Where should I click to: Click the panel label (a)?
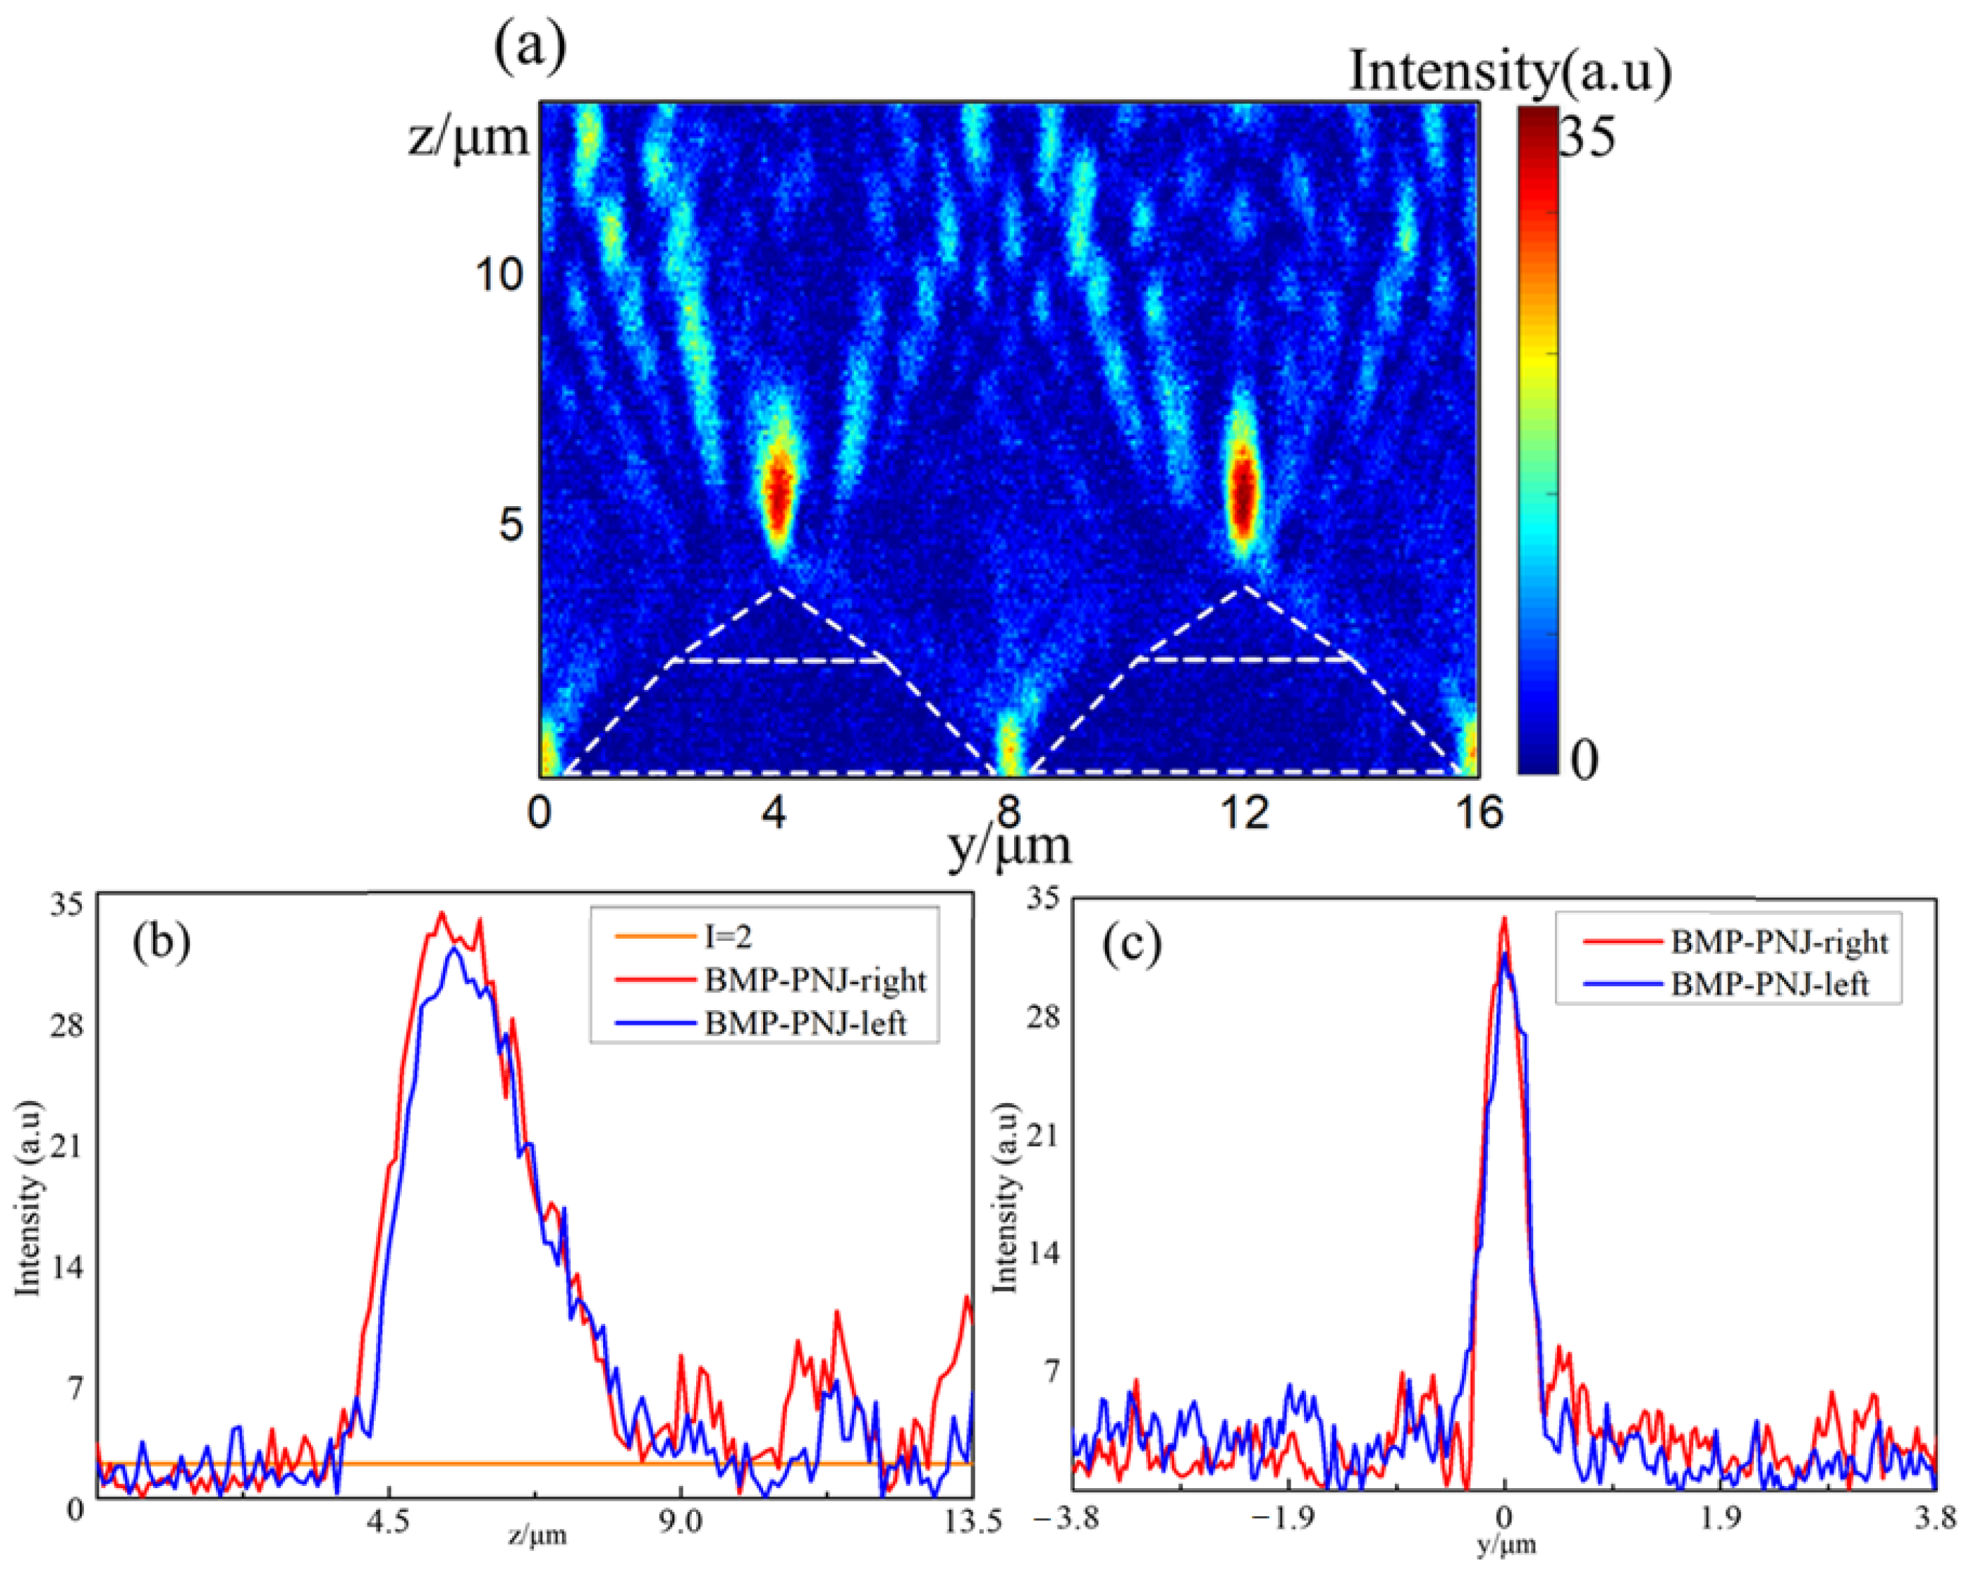point(529,48)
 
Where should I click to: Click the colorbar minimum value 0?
point(1584,758)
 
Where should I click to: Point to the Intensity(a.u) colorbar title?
point(1509,71)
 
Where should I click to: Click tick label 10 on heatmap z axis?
point(500,273)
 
